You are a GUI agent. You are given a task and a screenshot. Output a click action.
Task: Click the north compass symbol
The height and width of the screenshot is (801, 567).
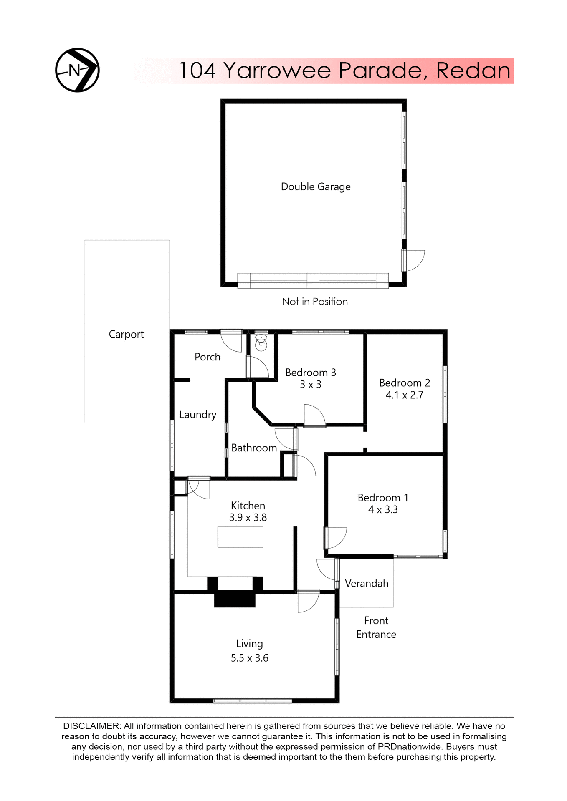click(77, 70)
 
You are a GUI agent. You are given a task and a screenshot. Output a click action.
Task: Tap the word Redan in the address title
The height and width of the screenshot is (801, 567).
click(473, 71)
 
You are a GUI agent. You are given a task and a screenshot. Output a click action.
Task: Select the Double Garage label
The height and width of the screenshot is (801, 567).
click(315, 186)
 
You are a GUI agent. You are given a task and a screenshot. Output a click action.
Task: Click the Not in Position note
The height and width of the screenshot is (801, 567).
click(315, 302)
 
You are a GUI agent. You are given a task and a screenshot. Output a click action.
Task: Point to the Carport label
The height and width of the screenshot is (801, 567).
click(126, 335)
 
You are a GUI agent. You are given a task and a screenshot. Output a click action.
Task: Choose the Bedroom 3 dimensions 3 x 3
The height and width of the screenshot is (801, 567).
click(311, 385)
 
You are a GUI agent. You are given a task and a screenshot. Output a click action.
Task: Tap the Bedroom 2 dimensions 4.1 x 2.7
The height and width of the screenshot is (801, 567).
click(404, 395)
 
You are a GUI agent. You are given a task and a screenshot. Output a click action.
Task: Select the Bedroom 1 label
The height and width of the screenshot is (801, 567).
click(382, 498)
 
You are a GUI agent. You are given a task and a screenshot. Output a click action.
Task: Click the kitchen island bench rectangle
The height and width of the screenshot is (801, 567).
click(240, 537)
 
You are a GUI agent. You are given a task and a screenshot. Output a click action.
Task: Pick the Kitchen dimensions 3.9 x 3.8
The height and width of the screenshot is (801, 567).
click(248, 518)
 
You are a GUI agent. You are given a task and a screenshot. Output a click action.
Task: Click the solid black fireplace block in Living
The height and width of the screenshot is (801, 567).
click(235, 600)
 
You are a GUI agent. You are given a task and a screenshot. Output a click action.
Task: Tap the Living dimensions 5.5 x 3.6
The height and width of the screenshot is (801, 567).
click(249, 658)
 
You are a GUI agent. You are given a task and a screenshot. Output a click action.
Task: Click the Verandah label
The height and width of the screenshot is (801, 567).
click(367, 584)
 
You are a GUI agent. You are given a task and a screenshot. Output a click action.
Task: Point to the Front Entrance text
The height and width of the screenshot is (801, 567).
click(376, 627)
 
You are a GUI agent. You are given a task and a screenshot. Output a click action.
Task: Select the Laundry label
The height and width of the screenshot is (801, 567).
click(198, 415)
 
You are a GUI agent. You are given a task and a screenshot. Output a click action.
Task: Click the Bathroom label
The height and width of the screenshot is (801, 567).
click(254, 448)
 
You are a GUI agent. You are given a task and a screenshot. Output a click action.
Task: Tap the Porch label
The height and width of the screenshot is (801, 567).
click(208, 357)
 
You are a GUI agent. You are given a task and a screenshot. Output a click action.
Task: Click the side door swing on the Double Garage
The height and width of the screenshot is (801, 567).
click(414, 260)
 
